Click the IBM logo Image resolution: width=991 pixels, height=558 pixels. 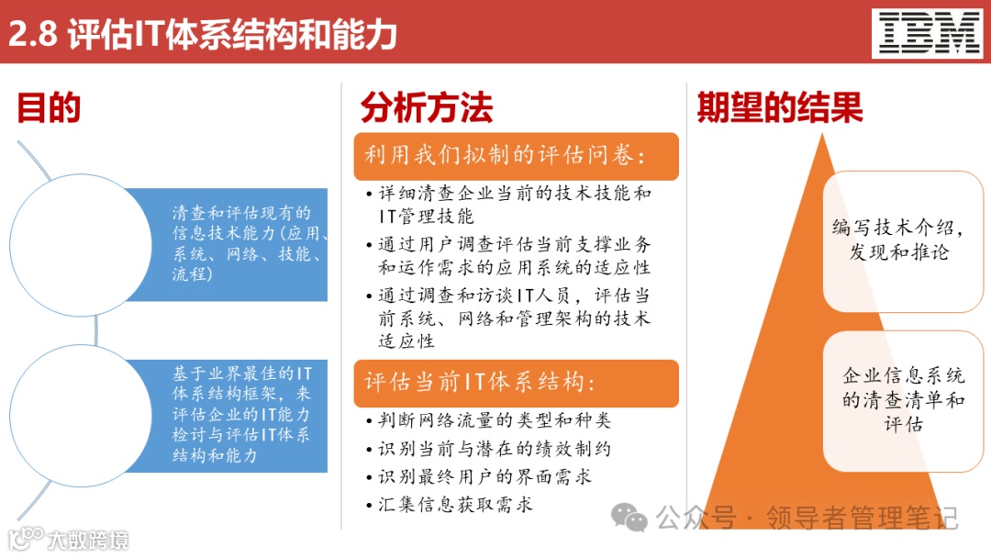click(930, 34)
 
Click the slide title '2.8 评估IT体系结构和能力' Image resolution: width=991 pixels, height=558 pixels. click(203, 34)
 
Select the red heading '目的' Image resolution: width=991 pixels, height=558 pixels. click(49, 108)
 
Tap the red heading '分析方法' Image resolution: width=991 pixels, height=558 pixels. click(426, 108)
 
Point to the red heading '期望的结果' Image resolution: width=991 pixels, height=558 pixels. click(780, 108)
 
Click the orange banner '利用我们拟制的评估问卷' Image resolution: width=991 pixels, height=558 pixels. click(516, 156)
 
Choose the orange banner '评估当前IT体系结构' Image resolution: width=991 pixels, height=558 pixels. click(516, 383)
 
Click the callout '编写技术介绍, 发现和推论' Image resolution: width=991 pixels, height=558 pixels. click(904, 240)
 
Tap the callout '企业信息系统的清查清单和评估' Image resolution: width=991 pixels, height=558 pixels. click(904, 400)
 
